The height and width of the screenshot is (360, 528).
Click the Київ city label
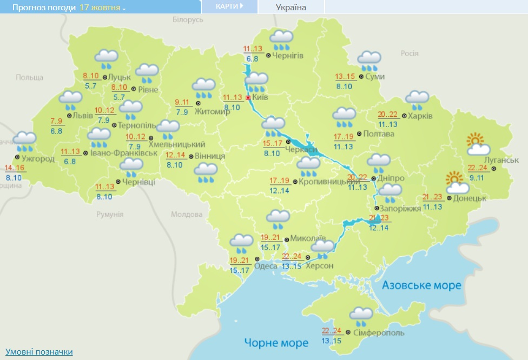coord(260,98)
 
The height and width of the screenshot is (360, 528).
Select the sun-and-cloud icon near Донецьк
coord(457,183)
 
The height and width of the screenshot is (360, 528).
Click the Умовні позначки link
coord(39,352)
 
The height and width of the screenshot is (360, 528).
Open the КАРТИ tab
coord(229,6)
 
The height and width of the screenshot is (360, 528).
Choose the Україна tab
coord(291,7)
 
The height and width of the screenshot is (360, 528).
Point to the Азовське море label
coord(421,285)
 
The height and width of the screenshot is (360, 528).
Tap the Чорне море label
coord(276,343)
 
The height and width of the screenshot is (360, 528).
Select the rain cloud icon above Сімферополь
coord(361,315)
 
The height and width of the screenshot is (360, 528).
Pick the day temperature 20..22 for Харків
coord(388,115)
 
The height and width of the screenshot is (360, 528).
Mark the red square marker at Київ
coord(248,98)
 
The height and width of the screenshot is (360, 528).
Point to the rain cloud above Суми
coord(369,61)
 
